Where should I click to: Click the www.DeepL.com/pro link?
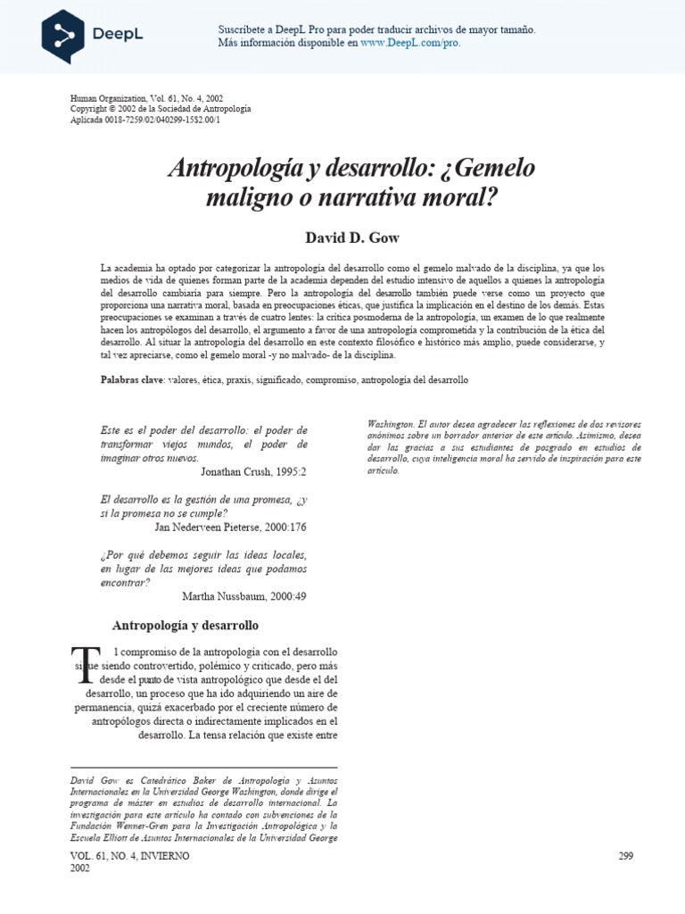click(x=410, y=42)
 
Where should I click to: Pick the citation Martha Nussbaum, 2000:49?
click(x=243, y=595)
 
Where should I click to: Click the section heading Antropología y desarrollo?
click(x=185, y=625)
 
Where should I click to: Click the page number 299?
click(x=624, y=856)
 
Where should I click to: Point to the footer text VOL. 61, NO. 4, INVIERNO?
click(x=129, y=856)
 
